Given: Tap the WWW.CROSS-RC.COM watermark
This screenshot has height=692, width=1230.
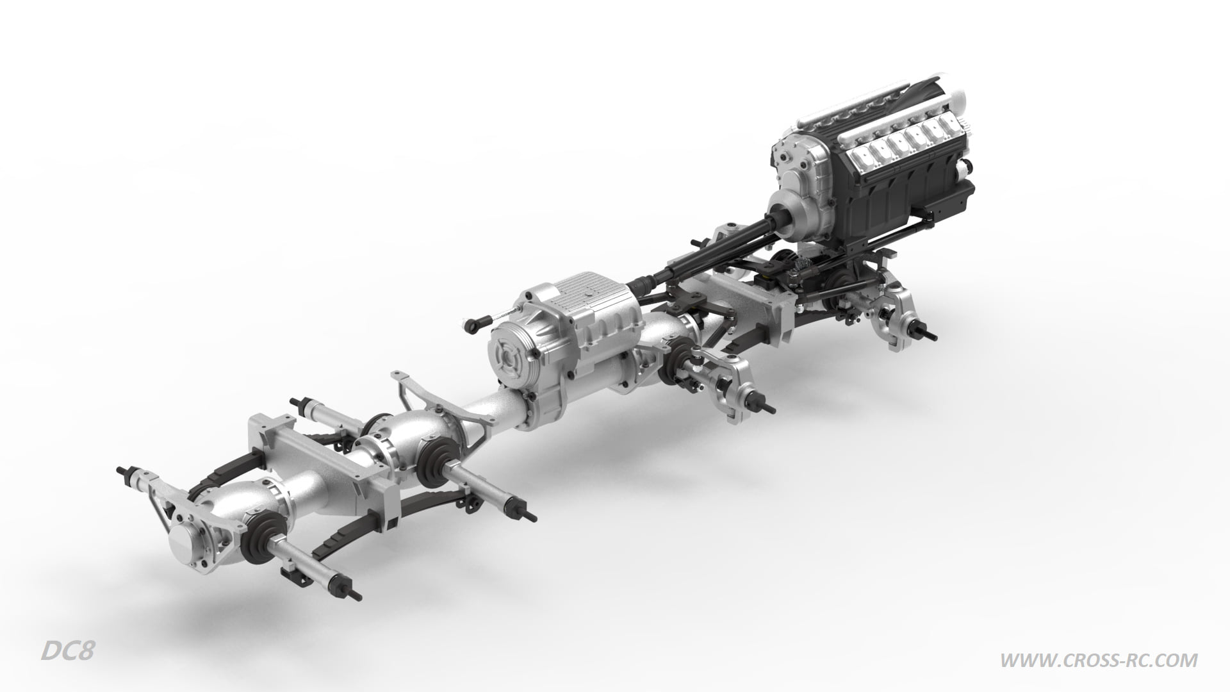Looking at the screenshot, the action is pyautogui.click(x=1099, y=659).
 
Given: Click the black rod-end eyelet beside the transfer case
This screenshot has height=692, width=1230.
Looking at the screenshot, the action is pyautogui.click(x=473, y=325).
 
